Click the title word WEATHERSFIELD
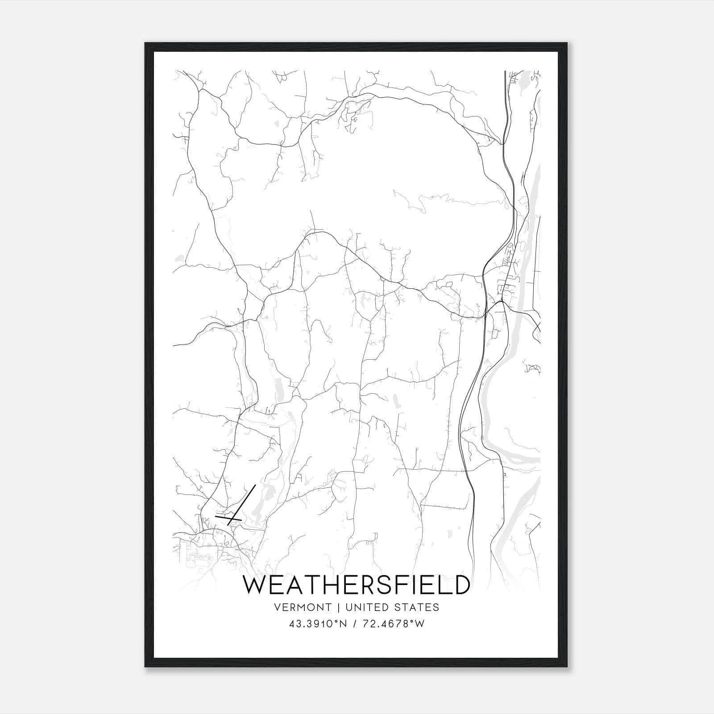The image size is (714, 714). point(356,585)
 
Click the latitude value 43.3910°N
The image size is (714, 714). point(318,624)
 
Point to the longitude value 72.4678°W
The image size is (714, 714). point(394,624)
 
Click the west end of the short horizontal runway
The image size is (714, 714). point(216,516)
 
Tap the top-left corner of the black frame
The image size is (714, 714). point(145,43)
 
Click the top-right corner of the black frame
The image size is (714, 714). point(567,43)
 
